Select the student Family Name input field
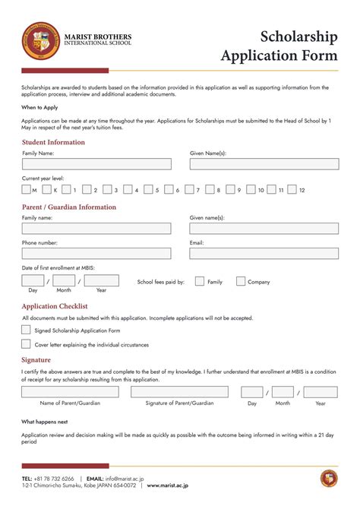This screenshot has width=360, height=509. (96, 164)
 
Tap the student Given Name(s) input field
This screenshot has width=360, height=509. (264, 164)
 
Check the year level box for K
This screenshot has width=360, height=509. (47, 190)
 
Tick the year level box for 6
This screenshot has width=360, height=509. (169, 190)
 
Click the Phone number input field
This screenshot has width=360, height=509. (96, 254)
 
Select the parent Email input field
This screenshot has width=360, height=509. (264, 254)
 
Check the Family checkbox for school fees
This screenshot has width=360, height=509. (200, 281)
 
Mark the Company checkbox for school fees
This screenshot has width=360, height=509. (241, 281)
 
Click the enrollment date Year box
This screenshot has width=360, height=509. (101, 281)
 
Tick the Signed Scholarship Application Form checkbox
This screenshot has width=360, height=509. (27, 330)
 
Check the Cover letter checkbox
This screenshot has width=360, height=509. (27, 343)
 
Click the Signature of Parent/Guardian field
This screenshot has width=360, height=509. (179, 392)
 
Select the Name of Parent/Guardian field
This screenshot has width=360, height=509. (70, 392)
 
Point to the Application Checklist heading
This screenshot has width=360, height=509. (55, 306)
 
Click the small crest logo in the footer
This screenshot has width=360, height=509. (328, 479)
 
